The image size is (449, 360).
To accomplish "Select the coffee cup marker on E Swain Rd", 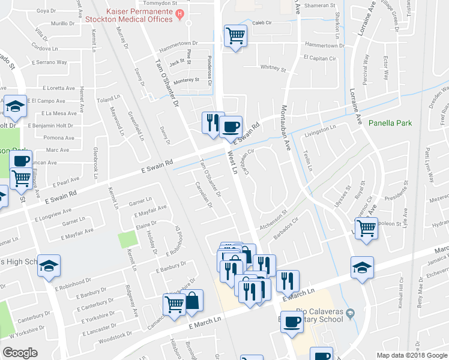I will click(231, 127).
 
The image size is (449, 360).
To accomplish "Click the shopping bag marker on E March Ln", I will click(192, 300).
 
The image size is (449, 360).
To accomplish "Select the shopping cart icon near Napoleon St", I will click(366, 227).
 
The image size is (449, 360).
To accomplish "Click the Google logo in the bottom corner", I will click(20, 353).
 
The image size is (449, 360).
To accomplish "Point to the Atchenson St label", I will click(274, 222).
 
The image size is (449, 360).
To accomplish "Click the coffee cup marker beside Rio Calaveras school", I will click(292, 321).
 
